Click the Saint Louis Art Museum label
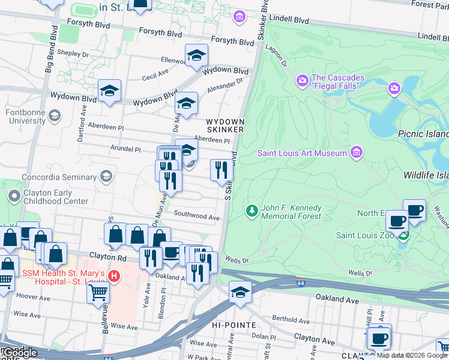click(303, 152)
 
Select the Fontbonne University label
click(25, 116)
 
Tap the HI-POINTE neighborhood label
click(238, 325)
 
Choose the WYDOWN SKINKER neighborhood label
click(225, 125)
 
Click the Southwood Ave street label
click(196, 215)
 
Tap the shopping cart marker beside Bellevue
click(98, 292)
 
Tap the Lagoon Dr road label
click(279, 56)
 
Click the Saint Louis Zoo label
click(364, 235)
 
